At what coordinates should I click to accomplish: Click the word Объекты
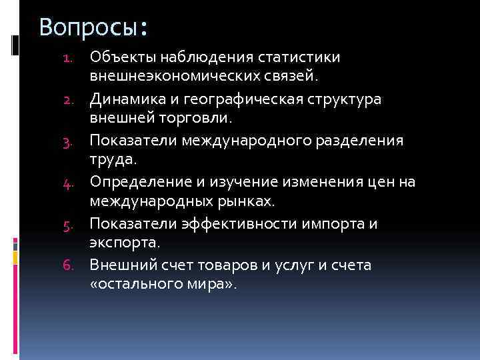tap(124, 57)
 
